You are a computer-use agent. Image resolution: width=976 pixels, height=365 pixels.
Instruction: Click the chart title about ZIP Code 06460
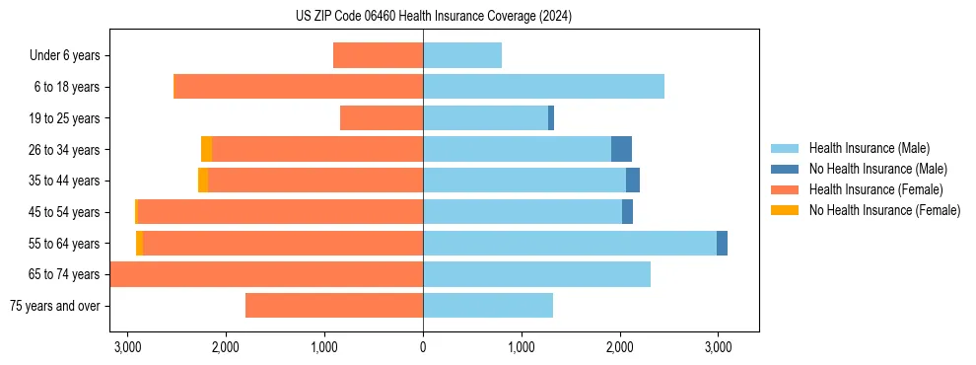pos(433,17)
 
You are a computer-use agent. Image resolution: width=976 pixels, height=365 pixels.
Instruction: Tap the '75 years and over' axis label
pos(54,306)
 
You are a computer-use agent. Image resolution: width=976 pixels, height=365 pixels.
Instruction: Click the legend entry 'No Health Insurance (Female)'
pos(884,210)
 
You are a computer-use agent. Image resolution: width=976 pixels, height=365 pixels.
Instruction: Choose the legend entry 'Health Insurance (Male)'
pos(869,148)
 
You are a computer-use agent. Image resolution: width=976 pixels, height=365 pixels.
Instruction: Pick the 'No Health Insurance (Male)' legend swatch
pos(785,169)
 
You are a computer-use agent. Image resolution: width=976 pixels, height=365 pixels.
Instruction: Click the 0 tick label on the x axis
pos(423,347)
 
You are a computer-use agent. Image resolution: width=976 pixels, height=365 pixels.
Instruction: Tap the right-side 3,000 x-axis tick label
pos(718,347)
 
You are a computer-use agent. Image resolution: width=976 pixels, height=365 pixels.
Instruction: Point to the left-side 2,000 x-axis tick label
pos(226,347)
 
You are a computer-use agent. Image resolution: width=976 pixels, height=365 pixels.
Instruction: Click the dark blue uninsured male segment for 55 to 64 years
pos(722,243)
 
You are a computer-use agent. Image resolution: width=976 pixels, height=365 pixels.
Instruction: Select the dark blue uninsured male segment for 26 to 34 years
pos(621,149)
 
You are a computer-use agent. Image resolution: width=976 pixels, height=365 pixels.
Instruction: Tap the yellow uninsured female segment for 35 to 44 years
pos(203,181)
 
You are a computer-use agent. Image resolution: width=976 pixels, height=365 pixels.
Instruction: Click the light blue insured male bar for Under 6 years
pos(462,55)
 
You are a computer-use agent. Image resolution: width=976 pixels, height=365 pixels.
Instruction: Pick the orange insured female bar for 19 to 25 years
pos(382,118)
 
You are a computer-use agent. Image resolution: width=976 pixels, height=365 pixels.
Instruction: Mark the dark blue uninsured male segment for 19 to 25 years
pos(551,118)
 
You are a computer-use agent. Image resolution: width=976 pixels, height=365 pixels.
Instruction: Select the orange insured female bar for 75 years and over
pos(334,306)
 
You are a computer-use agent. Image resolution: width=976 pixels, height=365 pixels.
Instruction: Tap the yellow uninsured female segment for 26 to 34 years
pos(206,149)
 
